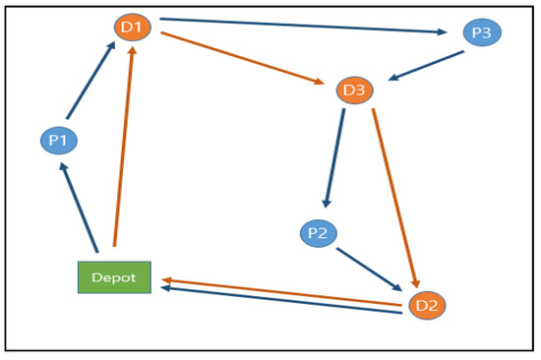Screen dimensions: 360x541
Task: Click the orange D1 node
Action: pyautogui.click(x=132, y=27)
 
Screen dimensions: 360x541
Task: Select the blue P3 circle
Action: pyautogui.click(x=482, y=32)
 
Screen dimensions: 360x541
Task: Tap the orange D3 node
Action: pyautogui.click(x=354, y=91)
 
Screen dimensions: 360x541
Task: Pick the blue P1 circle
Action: pyautogui.click(x=58, y=141)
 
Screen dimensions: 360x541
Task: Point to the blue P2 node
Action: pyautogui.click(x=318, y=233)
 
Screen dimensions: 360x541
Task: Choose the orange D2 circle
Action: pyautogui.click(x=427, y=305)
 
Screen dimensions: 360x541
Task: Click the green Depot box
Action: pyautogui.click(x=114, y=277)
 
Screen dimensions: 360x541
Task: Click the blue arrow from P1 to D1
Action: pyautogui.click(x=90, y=83)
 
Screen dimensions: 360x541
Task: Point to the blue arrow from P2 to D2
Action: pyautogui.click(x=368, y=269)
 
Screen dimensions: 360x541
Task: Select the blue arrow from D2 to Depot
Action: pyautogui.click(x=280, y=301)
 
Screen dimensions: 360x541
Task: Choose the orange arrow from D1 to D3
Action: pyautogui.click(x=242, y=58)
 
